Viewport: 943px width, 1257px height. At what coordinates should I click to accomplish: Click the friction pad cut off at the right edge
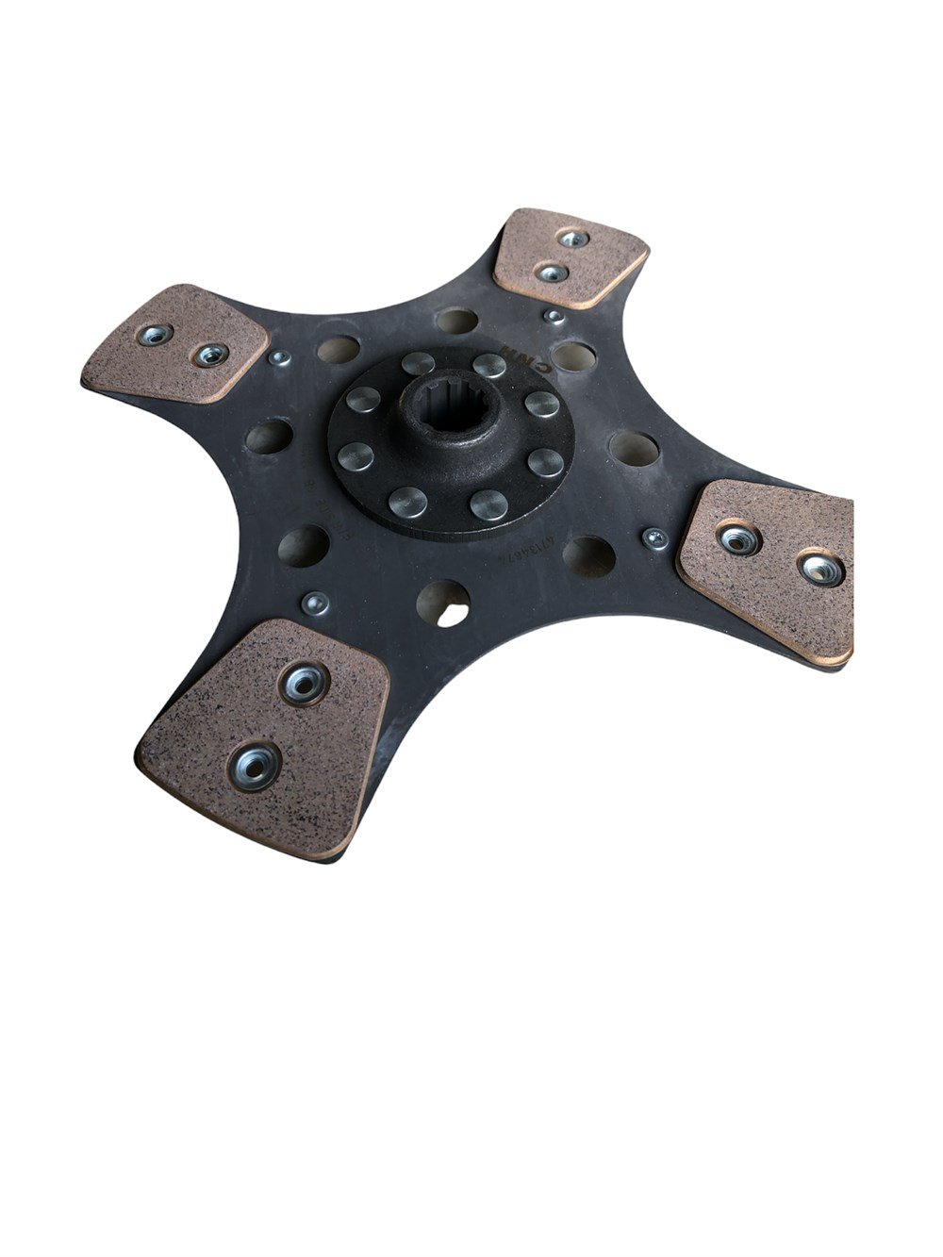769,566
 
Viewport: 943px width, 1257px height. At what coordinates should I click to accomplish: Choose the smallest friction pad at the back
570,256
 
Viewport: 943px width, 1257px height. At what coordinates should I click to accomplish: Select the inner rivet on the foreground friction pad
304,681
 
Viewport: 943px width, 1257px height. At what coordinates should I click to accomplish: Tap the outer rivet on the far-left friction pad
154,334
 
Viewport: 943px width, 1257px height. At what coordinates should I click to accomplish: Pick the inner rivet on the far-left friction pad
209,355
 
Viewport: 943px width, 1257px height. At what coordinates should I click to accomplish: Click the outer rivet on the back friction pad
572,239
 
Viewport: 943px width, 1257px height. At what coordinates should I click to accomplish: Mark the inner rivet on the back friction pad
551,273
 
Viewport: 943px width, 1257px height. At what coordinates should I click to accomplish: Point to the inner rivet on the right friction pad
738,538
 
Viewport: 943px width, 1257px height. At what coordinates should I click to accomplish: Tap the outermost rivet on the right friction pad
820,568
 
